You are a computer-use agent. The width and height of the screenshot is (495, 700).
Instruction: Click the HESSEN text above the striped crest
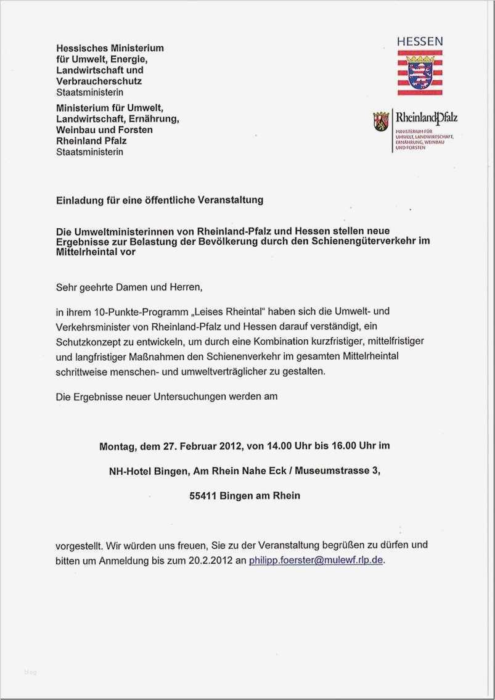(419, 41)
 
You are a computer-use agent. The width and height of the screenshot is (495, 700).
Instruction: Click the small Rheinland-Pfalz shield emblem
(381, 121)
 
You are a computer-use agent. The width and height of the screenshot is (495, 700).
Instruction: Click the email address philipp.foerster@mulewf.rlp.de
(316, 560)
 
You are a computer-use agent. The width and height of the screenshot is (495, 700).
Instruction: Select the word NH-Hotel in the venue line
(130, 471)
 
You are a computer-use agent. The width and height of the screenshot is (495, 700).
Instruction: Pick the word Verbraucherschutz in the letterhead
(99, 81)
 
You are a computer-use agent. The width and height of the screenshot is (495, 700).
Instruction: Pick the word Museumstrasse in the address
(329, 471)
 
